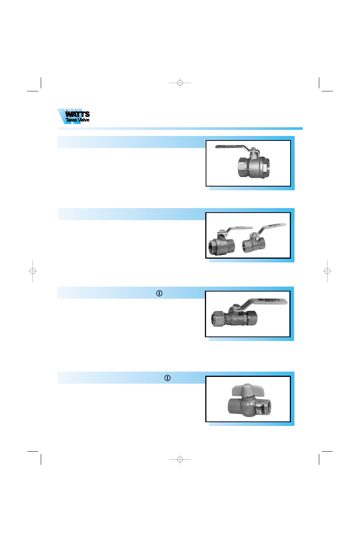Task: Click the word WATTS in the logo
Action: point(77,114)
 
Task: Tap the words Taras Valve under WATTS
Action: point(77,120)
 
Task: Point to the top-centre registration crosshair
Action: point(180,83)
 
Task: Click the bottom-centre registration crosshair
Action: point(180,459)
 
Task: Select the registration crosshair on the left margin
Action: point(33,271)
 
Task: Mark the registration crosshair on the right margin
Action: point(327,271)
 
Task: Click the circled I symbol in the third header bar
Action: point(159,293)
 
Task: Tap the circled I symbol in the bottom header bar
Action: point(168,378)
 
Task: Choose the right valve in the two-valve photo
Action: point(254,244)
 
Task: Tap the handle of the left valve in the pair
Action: point(238,228)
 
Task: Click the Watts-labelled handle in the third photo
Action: point(268,301)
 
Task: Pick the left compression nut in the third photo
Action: point(218,318)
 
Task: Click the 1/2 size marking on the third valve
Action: point(235,322)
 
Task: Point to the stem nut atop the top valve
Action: point(255,154)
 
